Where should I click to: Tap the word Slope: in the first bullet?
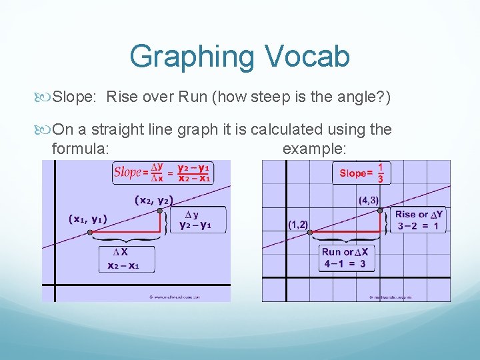coord(75,99)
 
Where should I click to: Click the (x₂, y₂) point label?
coord(154,199)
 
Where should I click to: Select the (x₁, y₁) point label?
coord(87,219)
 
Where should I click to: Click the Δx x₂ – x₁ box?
coord(127,259)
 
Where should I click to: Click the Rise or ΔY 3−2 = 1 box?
coord(418,220)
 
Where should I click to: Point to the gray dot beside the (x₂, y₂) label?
coord(161,211)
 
